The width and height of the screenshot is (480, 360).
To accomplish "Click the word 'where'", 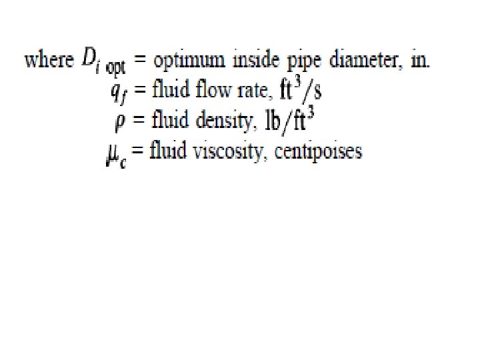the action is coord(48,61).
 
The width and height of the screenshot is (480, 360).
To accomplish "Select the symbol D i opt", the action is coord(105,61).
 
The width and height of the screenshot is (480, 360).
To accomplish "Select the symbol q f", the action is coord(120,93).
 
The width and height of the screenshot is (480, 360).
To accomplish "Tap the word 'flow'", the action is coord(207,90).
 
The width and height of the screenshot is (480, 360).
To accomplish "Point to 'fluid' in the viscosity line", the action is coord(167,151).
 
